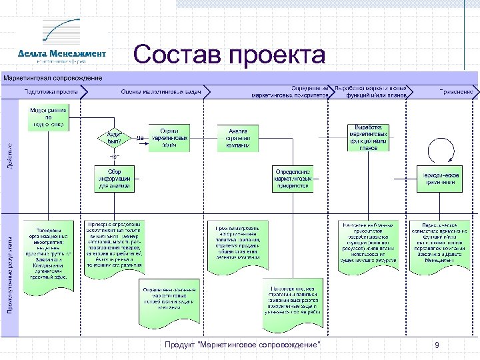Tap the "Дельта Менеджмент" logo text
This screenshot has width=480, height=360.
(62, 53)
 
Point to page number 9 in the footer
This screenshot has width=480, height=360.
(437, 345)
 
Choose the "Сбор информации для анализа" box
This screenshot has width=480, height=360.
(114, 178)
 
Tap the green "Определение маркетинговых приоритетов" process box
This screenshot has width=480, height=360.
(293, 179)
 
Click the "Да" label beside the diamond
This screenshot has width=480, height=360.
(140, 137)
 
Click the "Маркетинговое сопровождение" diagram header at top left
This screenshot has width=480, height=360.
(54, 78)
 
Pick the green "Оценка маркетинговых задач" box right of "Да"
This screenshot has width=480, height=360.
(169, 137)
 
